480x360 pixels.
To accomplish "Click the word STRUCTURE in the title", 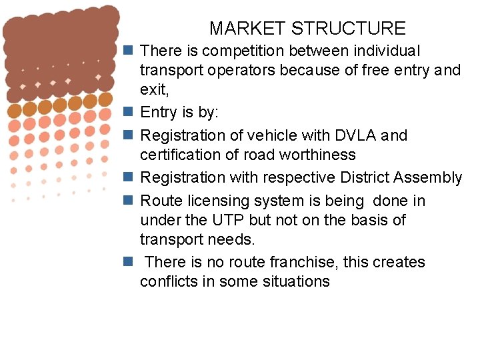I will pyautogui.click(x=349, y=29).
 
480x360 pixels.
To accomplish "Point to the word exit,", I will pyautogui.click(x=153, y=89).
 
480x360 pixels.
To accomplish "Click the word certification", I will pyautogui.click(x=181, y=155).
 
